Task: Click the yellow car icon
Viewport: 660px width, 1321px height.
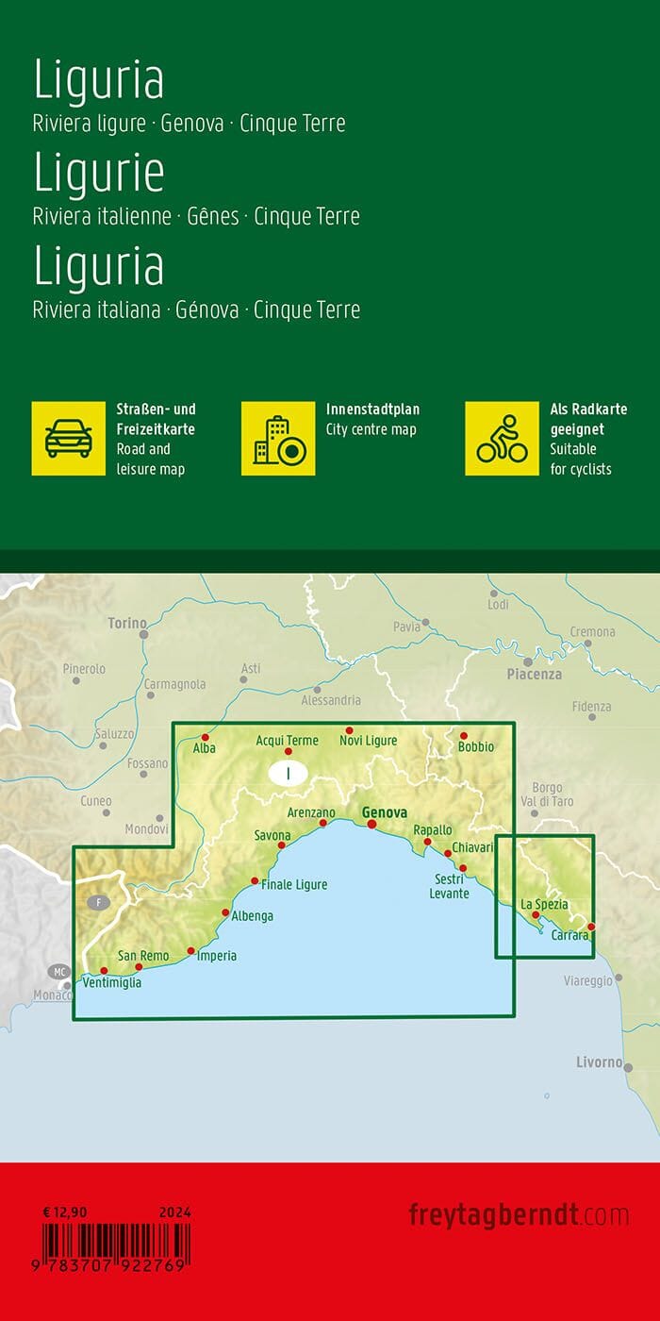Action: (69, 438)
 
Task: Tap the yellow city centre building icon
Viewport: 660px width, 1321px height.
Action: (278, 438)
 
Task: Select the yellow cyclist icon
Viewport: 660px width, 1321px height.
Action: (502, 438)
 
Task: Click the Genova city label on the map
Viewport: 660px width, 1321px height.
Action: (385, 812)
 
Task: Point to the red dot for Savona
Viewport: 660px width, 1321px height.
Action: (281, 845)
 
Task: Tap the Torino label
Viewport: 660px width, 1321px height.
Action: (127, 623)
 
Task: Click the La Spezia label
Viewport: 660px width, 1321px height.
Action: (545, 904)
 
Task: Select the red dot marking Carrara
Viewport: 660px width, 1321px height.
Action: (591, 927)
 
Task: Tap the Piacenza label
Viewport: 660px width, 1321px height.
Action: (534, 674)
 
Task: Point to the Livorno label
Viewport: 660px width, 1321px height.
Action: (599, 1062)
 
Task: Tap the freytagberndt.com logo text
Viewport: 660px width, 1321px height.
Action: (519, 1214)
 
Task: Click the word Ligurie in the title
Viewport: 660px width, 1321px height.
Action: (99, 172)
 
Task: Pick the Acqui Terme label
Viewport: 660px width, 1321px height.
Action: (287, 741)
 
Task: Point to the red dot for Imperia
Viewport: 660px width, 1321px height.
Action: (191, 951)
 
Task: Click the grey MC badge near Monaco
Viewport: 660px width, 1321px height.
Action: (59, 972)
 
